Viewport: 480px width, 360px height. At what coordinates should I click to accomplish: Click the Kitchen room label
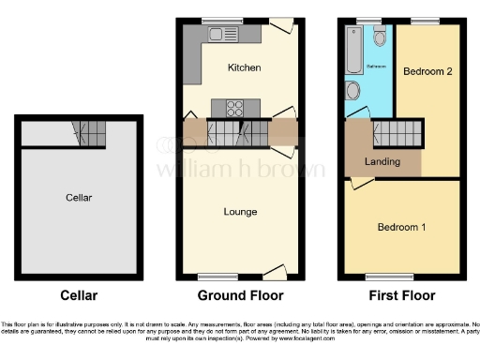coord(244,68)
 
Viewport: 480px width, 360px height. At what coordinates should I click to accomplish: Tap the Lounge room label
coord(240,212)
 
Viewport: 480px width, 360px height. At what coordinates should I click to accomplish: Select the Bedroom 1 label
coord(401,227)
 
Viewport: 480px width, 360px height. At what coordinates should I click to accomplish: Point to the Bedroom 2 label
coord(427,71)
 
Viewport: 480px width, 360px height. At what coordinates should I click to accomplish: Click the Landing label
coord(382,161)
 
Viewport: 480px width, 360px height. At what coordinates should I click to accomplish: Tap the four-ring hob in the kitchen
coord(227,106)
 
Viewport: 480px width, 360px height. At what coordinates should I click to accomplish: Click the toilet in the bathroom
coord(380,36)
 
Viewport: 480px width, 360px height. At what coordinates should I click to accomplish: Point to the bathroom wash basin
coord(352,90)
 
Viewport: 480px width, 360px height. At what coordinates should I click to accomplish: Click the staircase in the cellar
coord(89,137)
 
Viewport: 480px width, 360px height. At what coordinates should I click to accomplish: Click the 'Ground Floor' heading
coord(240,296)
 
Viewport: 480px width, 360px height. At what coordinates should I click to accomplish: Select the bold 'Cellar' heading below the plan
coord(79,296)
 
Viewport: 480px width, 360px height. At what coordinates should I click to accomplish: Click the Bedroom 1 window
coord(389,277)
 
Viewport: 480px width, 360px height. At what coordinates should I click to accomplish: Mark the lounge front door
coord(273,272)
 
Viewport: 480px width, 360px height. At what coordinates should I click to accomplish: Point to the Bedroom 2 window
coord(425,21)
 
